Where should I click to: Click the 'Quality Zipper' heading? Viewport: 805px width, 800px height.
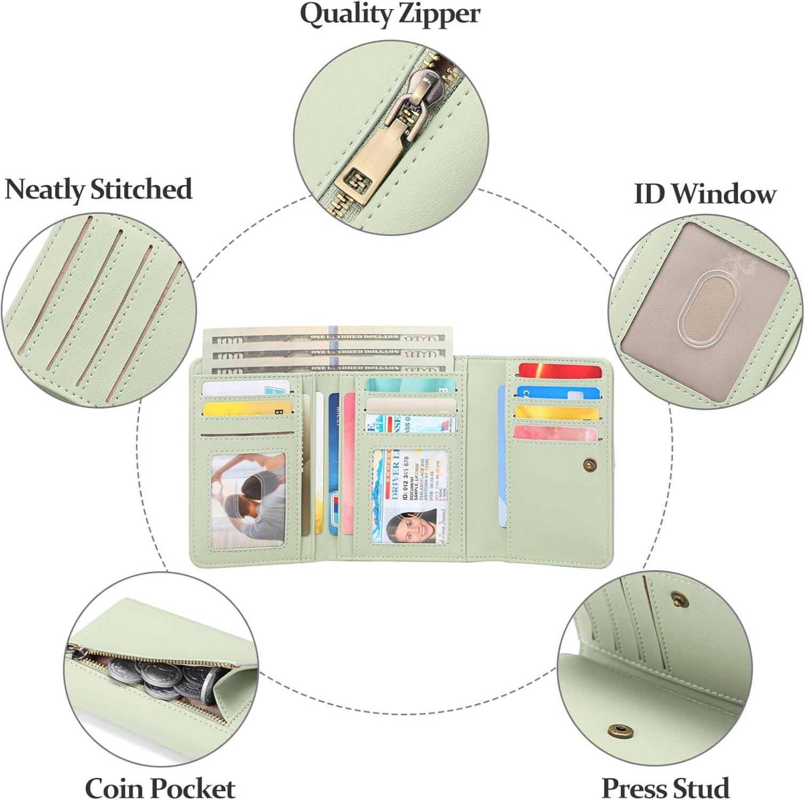click(x=390, y=14)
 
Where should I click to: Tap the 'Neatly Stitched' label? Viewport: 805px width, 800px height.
click(x=98, y=189)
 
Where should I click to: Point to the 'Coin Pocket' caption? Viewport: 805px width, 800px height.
click(x=160, y=788)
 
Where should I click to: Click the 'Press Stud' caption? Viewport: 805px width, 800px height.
click(x=665, y=787)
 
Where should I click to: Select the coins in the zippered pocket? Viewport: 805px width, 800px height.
click(x=160, y=677)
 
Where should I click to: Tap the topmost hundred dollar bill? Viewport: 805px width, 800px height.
click(x=328, y=337)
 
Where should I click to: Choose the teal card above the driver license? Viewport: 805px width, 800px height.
click(x=409, y=385)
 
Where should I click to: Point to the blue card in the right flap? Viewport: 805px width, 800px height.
click(x=557, y=393)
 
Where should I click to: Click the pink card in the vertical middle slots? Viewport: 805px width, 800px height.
click(x=349, y=464)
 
